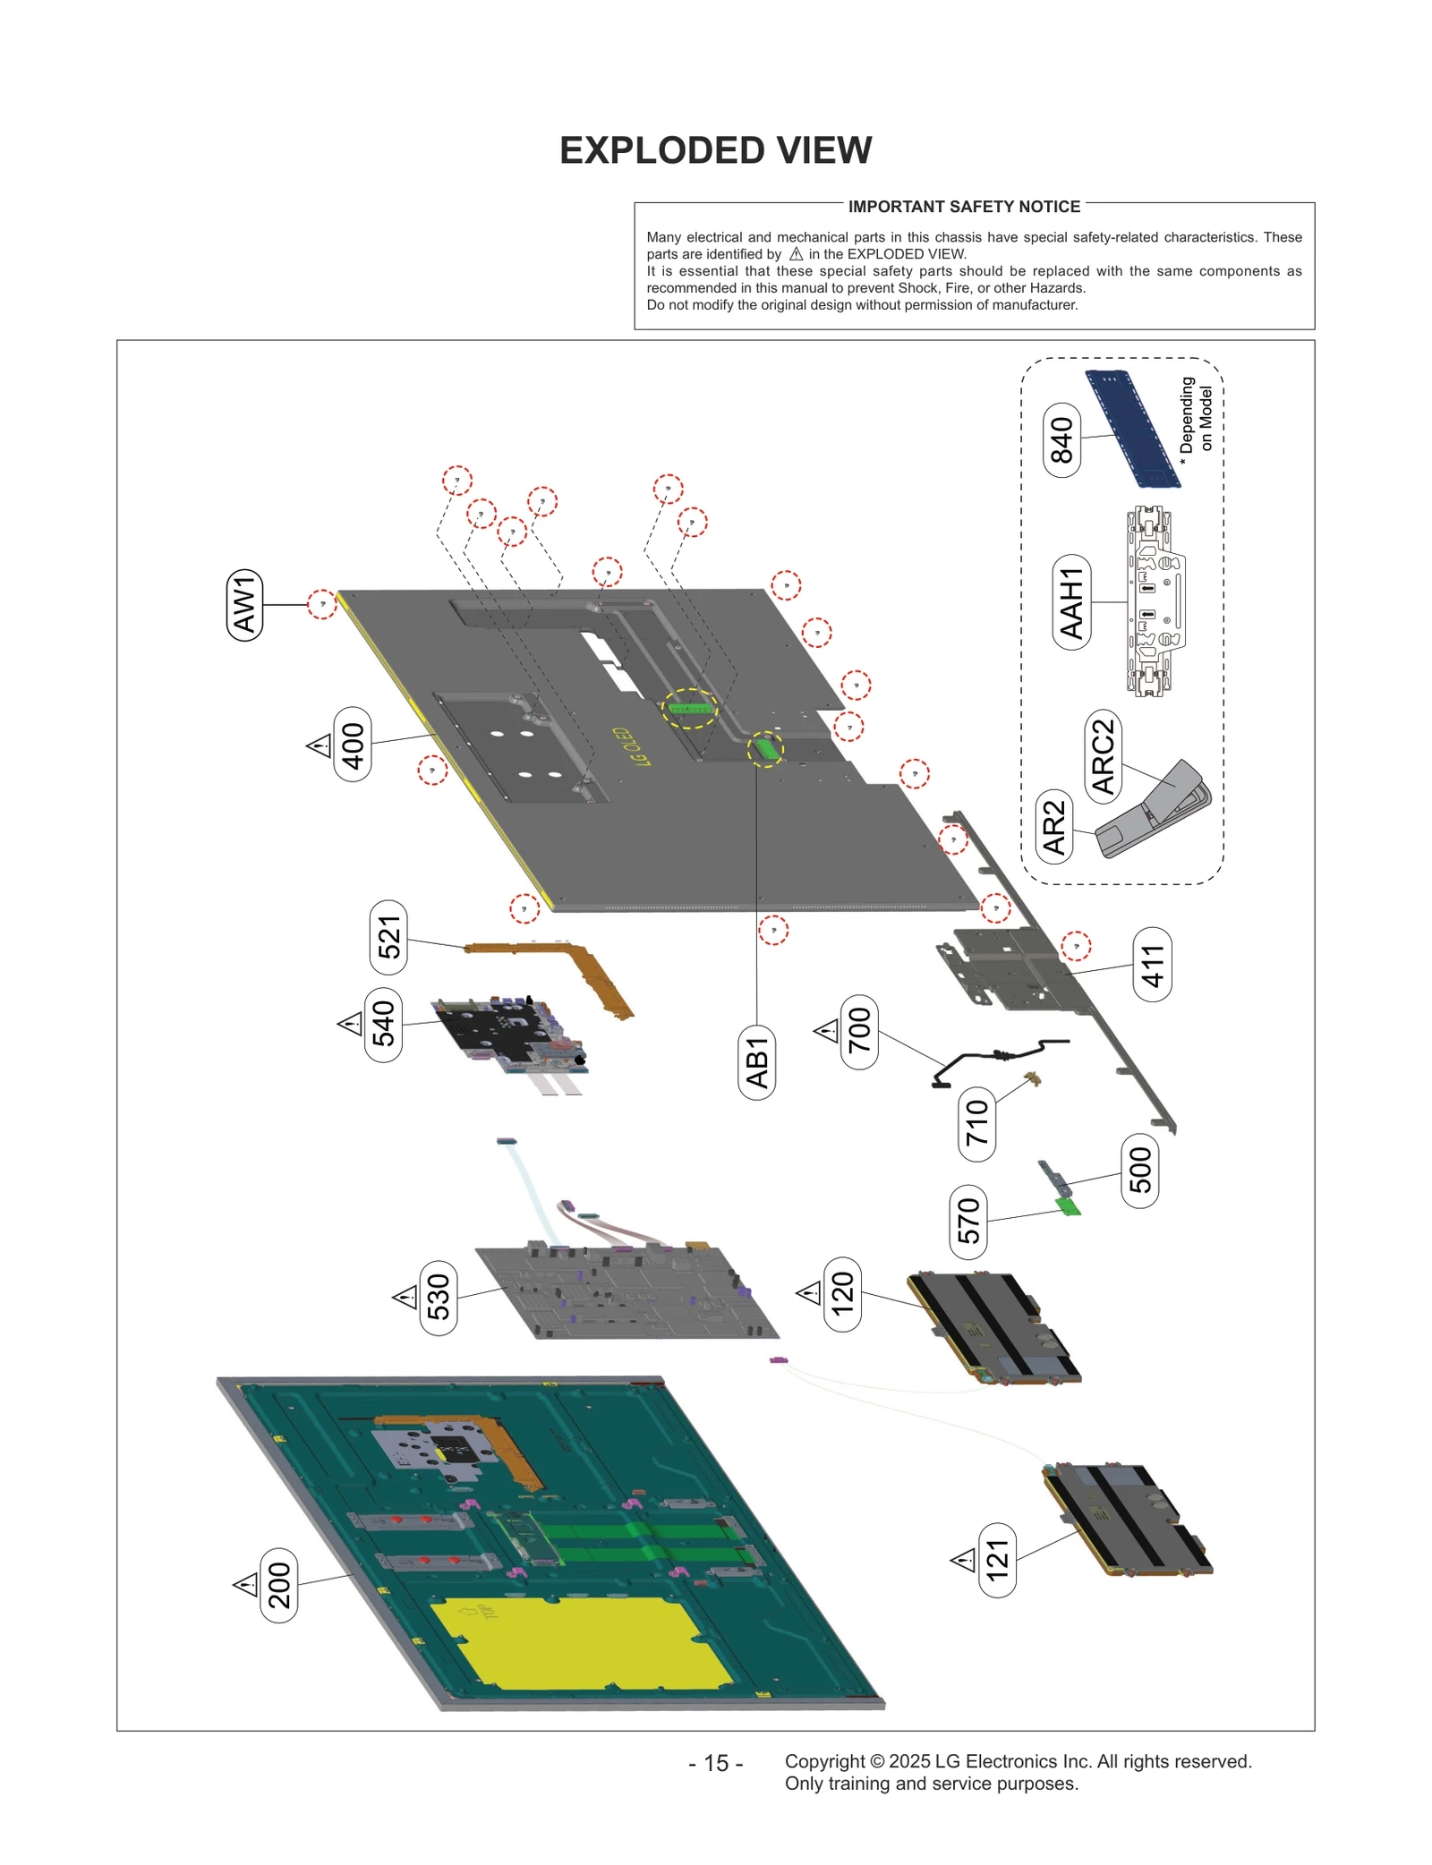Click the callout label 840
[1061, 439]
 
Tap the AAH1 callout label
[1071, 602]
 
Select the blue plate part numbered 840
[1132, 430]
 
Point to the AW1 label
[244, 605]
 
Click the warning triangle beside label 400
[320, 745]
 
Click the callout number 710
[976, 1123]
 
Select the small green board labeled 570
[1068, 1206]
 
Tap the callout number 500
[1139, 1170]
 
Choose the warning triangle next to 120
[809, 1292]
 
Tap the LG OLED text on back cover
[631, 747]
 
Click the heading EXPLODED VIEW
[715, 150]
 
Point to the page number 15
[715, 1762]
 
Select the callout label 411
[1152, 965]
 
